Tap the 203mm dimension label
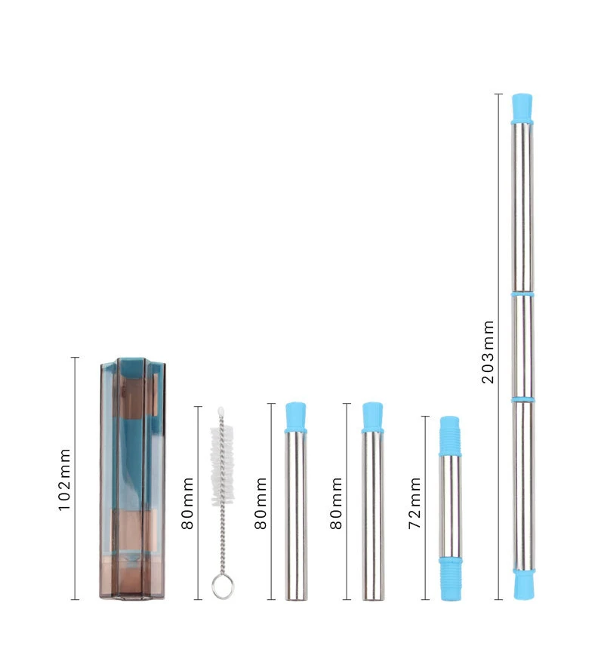click(x=488, y=351)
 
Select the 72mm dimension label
click(x=414, y=503)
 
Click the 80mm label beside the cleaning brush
click(x=188, y=503)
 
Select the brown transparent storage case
click(x=132, y=480)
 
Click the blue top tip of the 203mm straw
click(x=521, y=107)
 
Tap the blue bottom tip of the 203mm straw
click(x=522, y=584)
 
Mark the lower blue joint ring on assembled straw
click(x=522, y=398)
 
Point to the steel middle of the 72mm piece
click(x=450, y=506)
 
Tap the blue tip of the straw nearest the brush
click(x=296, y=417)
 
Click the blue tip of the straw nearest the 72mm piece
click(x=371, y=417)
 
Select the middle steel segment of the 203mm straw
click(x=522, y=346)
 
